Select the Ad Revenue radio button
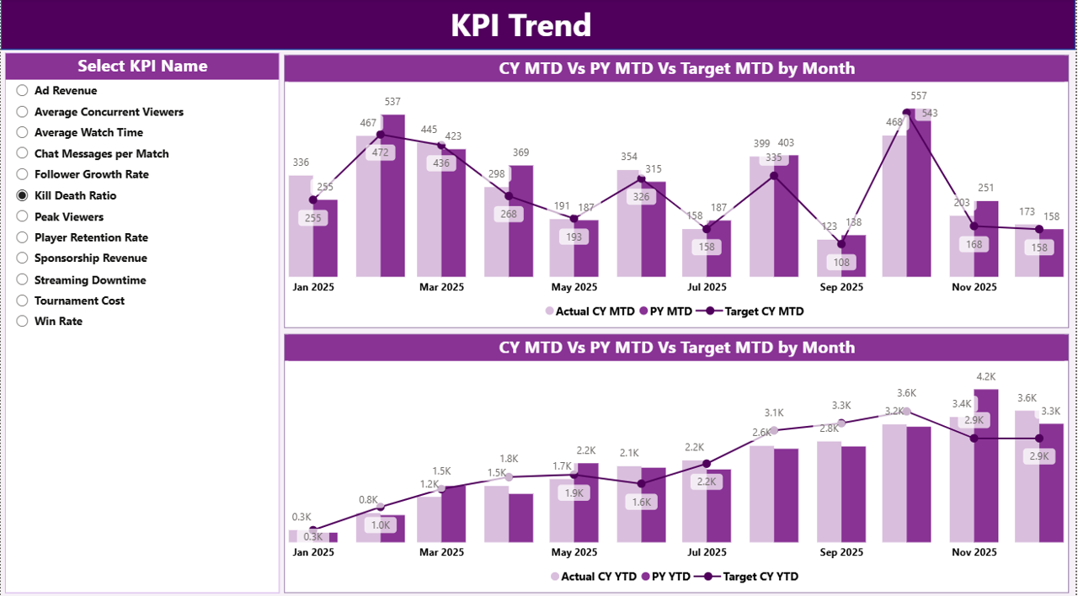click(x=23, y=91)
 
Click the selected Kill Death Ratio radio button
click(x=23, y=195)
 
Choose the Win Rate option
click(x=23, y=321)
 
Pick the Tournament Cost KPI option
click(x=23, y=301)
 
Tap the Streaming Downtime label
click(x=90, y=279)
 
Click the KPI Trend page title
click(x=520, y=25)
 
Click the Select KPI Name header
click(x=142, y=67)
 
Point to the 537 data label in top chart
click(x=392, y=102)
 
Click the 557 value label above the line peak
click(x=919, y=96)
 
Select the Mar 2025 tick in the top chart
click(x=441, y=287)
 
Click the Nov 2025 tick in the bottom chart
click(x=974, y=552)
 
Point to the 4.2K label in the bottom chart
click(x=986, y=376)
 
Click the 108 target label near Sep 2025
click(x=841, y=263)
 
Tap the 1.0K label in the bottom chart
click(x=381, y=525)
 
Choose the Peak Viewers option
click(x=23, y=216)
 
